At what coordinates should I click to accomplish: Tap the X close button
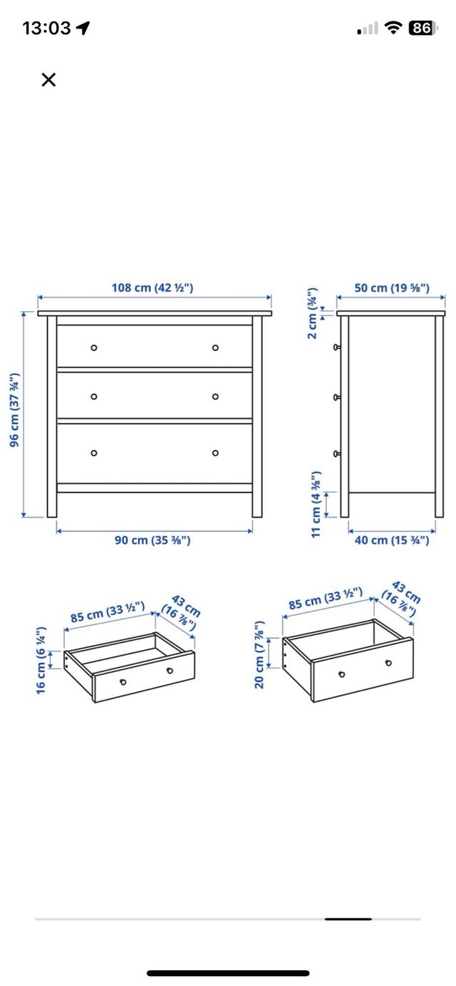click(48, 80)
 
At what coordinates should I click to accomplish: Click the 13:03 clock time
click(46, 28)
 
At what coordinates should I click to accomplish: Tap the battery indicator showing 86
click(421, 28)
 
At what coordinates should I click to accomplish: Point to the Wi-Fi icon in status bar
click(393, 28)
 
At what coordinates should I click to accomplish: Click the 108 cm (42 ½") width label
click(152, 288)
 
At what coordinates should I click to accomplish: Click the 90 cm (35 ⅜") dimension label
click(153, 540)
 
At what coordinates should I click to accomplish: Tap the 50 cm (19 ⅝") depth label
click(392, 288)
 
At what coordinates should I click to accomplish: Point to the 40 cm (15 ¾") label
click(392, 540)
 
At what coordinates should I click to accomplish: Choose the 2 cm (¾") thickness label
click(313, 314)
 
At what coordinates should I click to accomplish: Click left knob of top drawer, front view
click(94, 347)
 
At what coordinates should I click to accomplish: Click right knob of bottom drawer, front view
click(215, 453)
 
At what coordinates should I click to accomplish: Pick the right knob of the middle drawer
click(215, 397)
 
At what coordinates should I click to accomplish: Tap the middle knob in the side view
click(336, 397)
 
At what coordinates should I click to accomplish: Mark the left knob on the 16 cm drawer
click(123, 682)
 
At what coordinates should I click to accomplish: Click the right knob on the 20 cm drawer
click(388, 663)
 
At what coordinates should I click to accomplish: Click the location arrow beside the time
click(83, 28)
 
